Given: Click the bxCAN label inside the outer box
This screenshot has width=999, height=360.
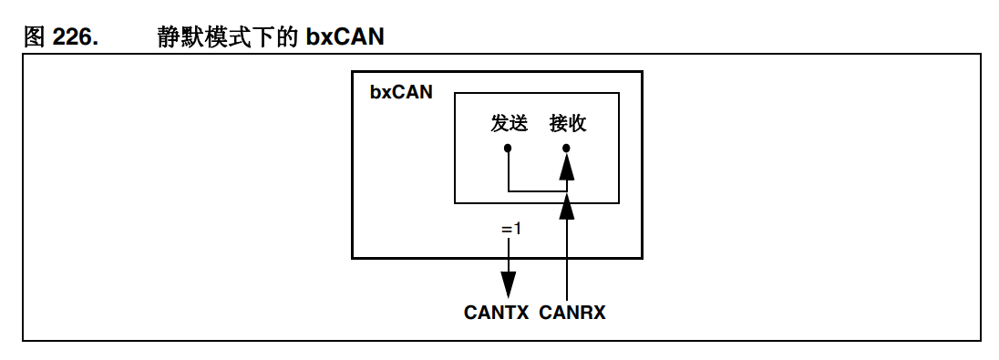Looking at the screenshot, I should tap(401, 93).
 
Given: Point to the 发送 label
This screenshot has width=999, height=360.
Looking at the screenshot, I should tap(509, 124).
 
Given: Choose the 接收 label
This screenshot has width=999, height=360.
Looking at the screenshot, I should tap(567, 124).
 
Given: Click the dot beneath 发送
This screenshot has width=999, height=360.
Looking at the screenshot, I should tap(509, 148).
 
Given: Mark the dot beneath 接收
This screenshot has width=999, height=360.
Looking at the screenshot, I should tap(567, 148).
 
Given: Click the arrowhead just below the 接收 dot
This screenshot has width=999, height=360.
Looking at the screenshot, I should tap(567, 166).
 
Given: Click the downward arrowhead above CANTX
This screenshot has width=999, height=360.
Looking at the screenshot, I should tap(509, 283).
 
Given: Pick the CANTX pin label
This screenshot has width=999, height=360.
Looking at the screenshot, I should tap(496, 313).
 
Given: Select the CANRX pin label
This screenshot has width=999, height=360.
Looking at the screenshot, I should tap(572, 313).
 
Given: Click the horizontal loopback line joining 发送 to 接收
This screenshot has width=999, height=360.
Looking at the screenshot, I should tap(538, 191).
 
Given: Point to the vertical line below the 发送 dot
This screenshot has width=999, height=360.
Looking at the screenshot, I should tap(509, 171).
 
